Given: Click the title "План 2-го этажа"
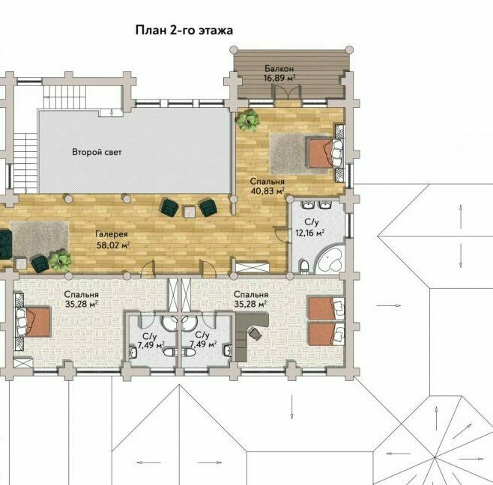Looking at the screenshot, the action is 184,31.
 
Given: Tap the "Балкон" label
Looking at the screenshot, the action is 279,68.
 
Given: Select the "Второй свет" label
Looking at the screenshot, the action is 97,152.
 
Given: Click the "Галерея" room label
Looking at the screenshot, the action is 112,234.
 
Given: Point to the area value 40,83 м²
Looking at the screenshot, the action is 268,191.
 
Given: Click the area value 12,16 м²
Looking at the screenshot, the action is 309,233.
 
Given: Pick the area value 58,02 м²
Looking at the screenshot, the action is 113,245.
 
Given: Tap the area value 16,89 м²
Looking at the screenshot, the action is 279,78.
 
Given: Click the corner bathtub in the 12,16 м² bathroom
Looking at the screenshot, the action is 329,260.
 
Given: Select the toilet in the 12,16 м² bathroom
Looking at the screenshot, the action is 304,266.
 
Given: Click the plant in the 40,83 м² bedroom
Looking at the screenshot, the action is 249,120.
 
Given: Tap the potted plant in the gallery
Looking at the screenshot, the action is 60,260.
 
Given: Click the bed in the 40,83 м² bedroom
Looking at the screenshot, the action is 326,154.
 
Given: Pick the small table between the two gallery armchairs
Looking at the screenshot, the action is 190,211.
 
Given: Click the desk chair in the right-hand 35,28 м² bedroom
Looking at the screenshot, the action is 255,333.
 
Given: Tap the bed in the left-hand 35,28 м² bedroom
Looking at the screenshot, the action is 33,322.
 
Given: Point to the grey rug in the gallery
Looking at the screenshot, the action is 39,240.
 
